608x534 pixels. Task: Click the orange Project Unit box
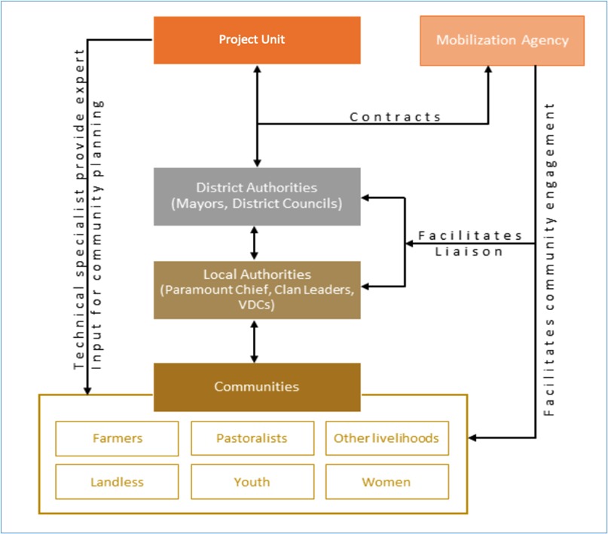[x=257, y=40]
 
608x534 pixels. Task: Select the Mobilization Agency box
[x=502, y=41]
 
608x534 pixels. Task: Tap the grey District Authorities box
[x=257, y=195]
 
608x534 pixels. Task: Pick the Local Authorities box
[x=257, y=290]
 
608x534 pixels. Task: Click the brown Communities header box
[x=257, y=387]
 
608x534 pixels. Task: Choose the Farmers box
[x=117, y=438]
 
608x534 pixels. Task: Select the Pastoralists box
[x=252, y=438]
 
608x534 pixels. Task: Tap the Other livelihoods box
[x=386, y=438]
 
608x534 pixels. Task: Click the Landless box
[x=117, y=481]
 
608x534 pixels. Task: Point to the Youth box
[x=252, y=481]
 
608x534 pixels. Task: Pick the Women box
[x=386, y=481]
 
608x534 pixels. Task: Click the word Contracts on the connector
[x=396, y=117]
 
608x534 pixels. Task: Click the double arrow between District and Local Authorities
[x=257, y=243]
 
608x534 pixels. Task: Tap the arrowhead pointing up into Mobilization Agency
[x=488, y=70]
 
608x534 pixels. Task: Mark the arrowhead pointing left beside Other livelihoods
[x=472, y=437]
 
